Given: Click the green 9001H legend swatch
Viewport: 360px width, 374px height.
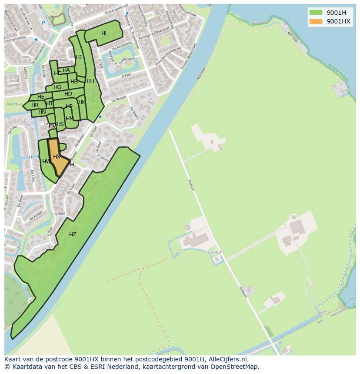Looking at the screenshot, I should pyautogui.click(x=316, y=12).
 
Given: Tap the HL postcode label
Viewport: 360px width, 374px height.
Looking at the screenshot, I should pyautogui.click(x=105, y=33).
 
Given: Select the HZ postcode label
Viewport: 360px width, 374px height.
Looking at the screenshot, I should pyautogui.click(x=73, y=235).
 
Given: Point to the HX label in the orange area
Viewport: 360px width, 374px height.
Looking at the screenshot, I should pyautogui.click(x=57, y=157).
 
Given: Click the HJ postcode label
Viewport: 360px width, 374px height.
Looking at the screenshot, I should pyautogui.click(x=79, y=57).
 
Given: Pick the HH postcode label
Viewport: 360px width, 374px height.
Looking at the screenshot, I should pyautogui.click(x=90, y=81).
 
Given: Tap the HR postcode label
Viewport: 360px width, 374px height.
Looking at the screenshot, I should pyautogui.click(x=35, y=105).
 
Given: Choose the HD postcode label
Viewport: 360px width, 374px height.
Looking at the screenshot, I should pyautogui.click(x=68, y=94).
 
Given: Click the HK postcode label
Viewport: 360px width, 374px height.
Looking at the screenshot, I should pyautogui.click(x=82, y=102).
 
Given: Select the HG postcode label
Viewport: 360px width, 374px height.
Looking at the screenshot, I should pyautogui.click(x=57, y=87).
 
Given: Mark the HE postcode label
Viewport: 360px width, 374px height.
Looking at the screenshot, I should pyautogui.click(x=41, y=97).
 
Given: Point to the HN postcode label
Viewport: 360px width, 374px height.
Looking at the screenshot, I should pyautogui.click(x=42, y=112).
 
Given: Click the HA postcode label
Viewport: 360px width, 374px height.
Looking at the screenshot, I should pyautogui.click(x=66, y=70).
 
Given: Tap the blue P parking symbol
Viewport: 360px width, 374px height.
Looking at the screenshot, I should pyautogui.click(x=43, y=23).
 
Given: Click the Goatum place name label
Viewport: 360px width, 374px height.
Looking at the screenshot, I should pyautogui.click(x=216, y=252).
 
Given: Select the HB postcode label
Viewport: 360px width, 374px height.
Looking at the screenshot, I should pyautogui.click(x=74, y=82).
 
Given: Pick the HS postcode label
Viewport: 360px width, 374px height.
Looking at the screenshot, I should pyautogui.click(x=60, y=124).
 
